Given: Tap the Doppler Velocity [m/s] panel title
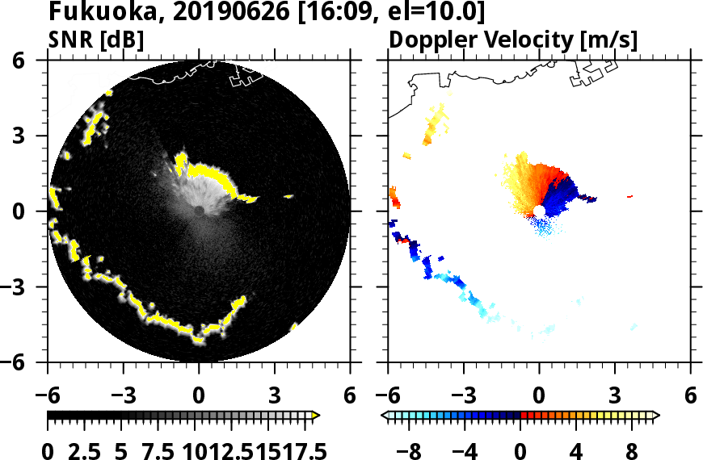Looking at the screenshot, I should [x=514, y=39].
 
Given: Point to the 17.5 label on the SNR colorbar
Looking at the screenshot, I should [x=301, y=450].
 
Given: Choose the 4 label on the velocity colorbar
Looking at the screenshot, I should [x=576, y=450].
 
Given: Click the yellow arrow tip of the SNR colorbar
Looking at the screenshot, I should [x=316, y=416].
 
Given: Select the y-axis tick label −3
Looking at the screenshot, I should [x=27, y=287].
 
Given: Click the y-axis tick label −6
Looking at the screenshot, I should [x=27, y=362].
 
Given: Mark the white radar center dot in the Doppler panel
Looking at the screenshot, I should [x=538, y=211].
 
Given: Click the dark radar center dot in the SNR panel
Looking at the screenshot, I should [x=199, y=211].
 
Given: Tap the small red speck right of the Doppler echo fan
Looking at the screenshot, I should [x=629, y=196].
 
